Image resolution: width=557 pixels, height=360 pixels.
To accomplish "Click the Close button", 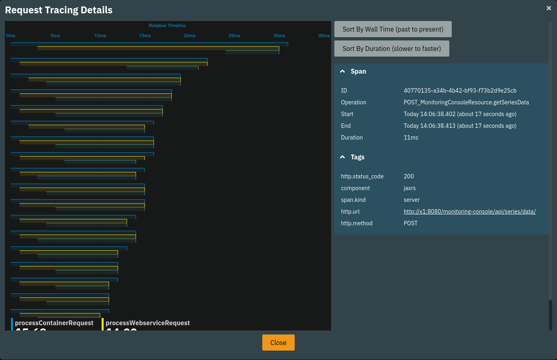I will (278, 343).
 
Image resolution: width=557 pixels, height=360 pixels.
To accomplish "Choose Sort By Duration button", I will (391, 49).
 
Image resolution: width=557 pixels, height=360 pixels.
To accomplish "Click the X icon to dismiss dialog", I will (548, 8).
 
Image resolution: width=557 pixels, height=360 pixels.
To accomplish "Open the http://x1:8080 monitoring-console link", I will (470, 212).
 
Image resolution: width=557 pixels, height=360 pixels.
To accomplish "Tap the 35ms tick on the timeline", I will (323, 36).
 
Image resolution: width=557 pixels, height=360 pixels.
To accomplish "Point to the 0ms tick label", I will (11, 36).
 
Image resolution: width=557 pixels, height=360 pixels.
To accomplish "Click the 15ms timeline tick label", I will (145, 36).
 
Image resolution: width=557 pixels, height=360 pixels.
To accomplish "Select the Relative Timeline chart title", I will (167, 25).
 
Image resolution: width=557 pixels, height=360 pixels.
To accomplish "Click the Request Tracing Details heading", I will (59, 10).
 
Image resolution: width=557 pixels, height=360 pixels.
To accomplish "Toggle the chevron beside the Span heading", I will (342, 71).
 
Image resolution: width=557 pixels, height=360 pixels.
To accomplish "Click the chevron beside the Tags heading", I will (342, 157).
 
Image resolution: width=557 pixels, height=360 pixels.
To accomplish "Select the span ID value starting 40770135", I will (460, 91).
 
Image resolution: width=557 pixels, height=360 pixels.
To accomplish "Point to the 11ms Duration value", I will (411, 138).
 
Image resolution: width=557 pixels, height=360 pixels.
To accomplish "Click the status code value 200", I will (409, 176).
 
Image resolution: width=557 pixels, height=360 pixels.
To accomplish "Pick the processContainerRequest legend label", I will (54, 323).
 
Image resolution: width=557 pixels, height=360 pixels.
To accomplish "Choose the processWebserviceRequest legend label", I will (148, 323).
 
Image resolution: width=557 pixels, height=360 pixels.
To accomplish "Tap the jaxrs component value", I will (410, 188).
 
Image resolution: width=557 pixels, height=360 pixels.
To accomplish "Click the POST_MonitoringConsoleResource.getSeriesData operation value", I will (466, 102).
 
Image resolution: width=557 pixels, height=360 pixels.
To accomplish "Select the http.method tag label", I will (357, 223).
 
